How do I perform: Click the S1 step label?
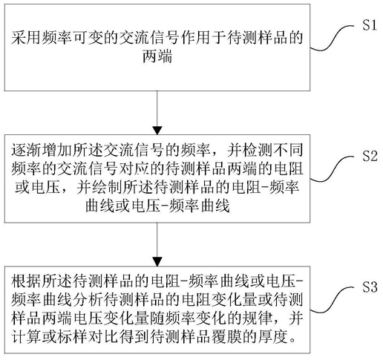pos(370,25)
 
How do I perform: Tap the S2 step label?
pos(370,156)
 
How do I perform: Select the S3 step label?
pos(370,287)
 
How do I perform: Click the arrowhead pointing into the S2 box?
pos(157,131)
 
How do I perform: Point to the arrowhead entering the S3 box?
pos(157,262)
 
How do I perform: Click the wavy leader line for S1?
pos(333,39)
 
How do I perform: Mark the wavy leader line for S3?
pos(333,300)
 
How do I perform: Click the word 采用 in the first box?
pos(26,38)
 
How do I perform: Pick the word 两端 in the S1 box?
pos(157,56)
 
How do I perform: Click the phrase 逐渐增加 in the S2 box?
pos(41,150)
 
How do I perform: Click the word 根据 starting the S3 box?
pos(26,281)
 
